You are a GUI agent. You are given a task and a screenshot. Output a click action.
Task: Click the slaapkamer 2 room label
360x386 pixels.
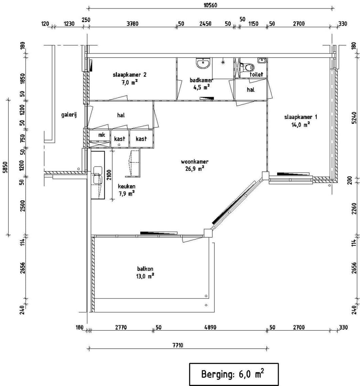pos(130,75)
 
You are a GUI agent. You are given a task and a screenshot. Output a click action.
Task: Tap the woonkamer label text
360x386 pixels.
pos(195,162)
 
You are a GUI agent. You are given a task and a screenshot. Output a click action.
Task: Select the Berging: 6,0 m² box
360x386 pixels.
pos(234,374)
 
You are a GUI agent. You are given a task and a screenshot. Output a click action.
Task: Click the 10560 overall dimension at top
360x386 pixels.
pos(210,5)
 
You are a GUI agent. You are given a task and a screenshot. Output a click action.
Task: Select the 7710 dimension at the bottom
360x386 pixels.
pos(178,345)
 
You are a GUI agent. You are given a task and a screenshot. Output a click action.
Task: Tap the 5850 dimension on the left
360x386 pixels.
pos(5,167)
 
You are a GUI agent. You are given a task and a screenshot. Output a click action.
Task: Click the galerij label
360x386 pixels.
pos(69,115)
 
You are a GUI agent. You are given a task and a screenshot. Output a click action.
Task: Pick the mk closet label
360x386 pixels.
pos(102,135)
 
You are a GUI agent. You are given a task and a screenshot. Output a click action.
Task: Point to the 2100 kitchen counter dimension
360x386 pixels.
pos(109,175)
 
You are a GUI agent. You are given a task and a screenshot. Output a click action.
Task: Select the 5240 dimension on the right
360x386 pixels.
pos(354,118)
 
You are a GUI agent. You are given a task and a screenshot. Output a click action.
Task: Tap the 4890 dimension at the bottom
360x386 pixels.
pos(210,327)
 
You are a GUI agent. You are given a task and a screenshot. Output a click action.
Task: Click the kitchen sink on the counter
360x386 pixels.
pos(98,175)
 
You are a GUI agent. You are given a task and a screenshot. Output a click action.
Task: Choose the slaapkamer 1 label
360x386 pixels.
pos(301,117)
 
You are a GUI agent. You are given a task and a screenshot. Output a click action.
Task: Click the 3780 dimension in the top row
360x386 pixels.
pos(132,24)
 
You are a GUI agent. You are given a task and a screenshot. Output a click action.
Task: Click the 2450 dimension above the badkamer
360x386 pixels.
pos(205,24)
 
